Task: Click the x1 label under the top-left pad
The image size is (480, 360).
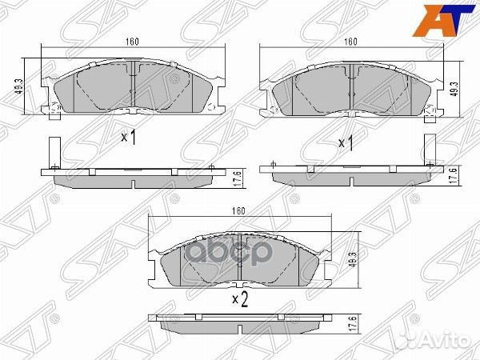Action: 129,138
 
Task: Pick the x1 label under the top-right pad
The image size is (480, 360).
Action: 346,143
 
